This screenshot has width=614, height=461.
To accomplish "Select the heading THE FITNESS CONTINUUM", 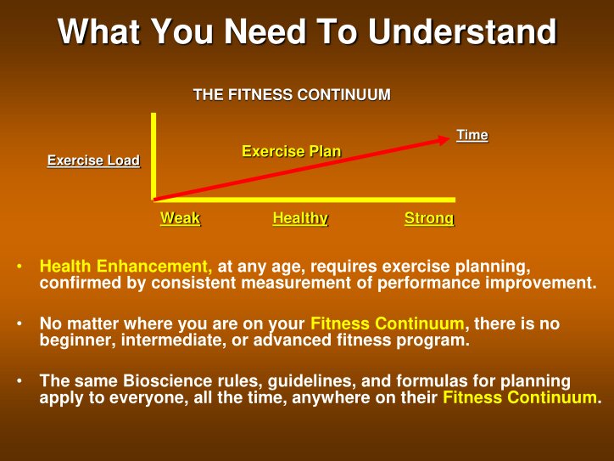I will click(292, 95).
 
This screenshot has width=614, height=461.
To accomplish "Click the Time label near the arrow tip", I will click(472, 135).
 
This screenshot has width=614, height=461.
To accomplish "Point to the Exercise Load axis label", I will click(93, 160).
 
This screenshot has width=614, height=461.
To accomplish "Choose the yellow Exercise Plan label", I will click(291, 151).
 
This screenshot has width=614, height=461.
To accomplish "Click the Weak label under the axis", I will click(180, 218).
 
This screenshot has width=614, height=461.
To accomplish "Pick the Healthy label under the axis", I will click(300, 218).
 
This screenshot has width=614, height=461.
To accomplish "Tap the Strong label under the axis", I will click(428, 218).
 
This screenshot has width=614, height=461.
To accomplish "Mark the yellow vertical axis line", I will click(153, 157).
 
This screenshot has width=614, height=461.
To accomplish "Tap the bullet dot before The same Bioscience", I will click(19, 381).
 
